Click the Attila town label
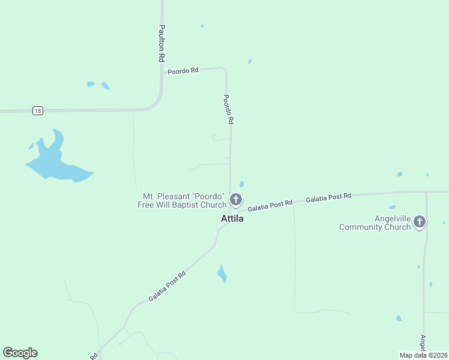pos(232,219)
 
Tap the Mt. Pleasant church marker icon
pos(236,200)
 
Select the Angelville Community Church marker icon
pos(420,222)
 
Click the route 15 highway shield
pos(38,110)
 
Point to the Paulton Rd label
pos(161,44)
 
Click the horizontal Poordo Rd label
pos(183,71)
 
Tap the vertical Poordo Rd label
pos(228,109)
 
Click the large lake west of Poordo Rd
pos(54,163)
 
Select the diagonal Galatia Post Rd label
pos(167,286)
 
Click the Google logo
pos(20,353)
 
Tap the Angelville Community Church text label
pos(375,223)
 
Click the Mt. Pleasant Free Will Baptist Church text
pos(182,201)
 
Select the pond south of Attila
pos(222,274)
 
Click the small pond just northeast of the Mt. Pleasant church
pos(241,184)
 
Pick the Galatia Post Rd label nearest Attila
pos(270,205)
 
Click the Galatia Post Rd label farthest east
pos(328,197)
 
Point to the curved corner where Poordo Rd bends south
pos(224,70)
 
